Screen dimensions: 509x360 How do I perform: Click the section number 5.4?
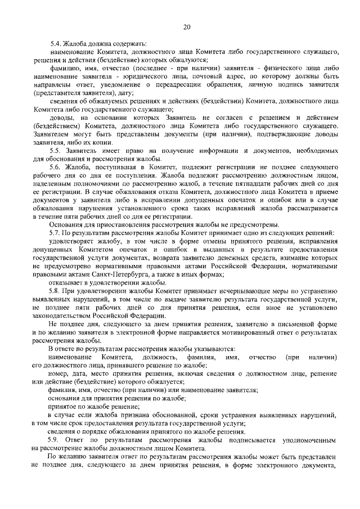(55, 43)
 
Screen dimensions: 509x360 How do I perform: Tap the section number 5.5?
(55, 151)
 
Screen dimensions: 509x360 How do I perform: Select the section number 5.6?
(55, 167)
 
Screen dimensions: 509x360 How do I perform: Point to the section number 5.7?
(55, 232)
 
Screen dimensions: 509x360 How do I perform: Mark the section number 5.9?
(55, 439)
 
